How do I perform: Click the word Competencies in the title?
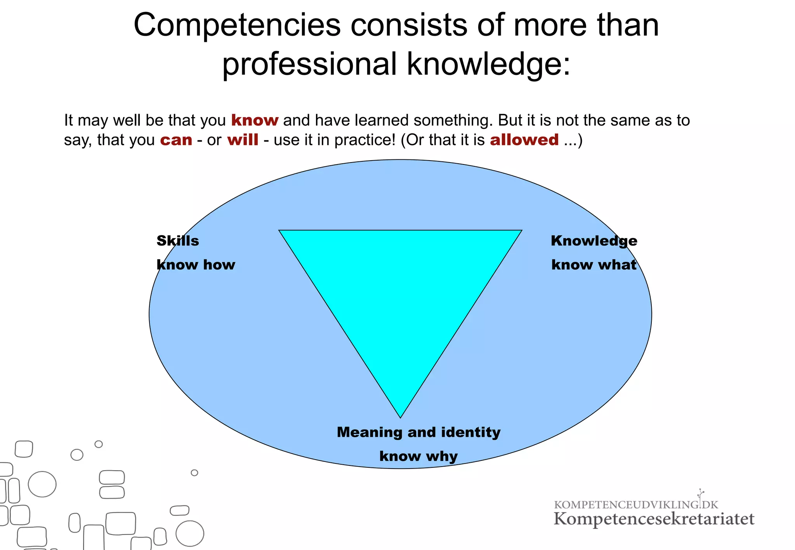click(237, 26)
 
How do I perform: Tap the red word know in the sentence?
click(255, 120)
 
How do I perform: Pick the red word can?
click(176, 140)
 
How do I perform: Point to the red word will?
click(243, 140)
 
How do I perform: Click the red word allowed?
click(524, 140)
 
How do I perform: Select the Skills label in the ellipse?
click(178, 241)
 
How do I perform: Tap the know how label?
click(196, 265)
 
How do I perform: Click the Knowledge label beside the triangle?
click(594, 241)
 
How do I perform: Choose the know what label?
click(594, 265)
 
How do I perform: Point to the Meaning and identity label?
click(418, 432)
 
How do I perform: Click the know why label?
click(418, 456)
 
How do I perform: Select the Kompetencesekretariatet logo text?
click(654, 519)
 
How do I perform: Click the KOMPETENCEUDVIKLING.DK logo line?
click(636, 505)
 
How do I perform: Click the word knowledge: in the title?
click(489, 64)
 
